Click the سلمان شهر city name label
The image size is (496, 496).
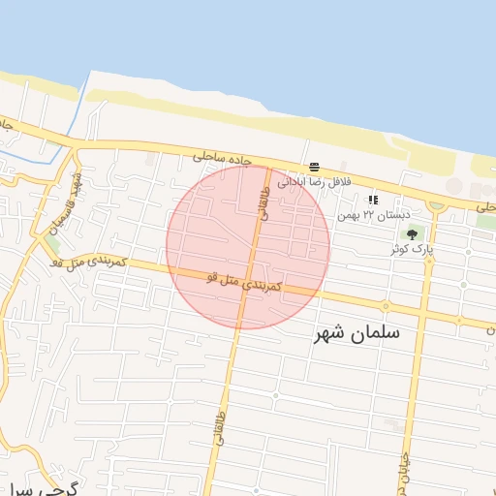(357, 332)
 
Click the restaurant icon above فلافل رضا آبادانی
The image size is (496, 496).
(314, 167)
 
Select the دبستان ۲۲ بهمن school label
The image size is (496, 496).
(373, 214)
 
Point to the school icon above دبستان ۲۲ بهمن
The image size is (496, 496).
(373, 200)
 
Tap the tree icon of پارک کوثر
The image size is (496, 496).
(414, 233)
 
